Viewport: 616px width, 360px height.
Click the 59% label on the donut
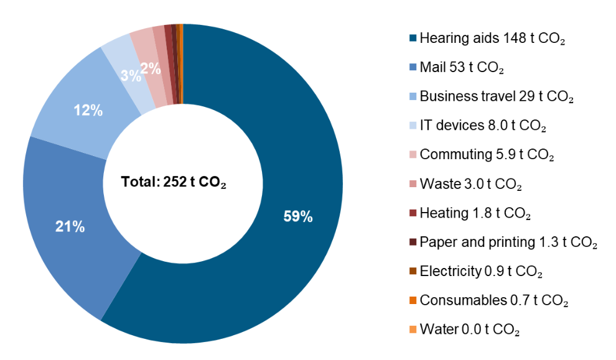tap(298, 217)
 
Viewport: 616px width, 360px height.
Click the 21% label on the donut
tap(70, 227)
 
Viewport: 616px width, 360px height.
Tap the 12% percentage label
tap(88, 111)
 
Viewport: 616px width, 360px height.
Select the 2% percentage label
tap(150, 69)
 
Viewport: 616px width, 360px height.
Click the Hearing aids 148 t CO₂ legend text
tap(492, 39)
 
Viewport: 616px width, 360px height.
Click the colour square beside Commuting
tap(412, 155)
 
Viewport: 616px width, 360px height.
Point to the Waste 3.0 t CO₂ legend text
tap(470, 185)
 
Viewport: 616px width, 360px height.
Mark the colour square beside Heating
tap(412, 213)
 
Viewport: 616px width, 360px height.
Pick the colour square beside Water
tap(412, 330)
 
